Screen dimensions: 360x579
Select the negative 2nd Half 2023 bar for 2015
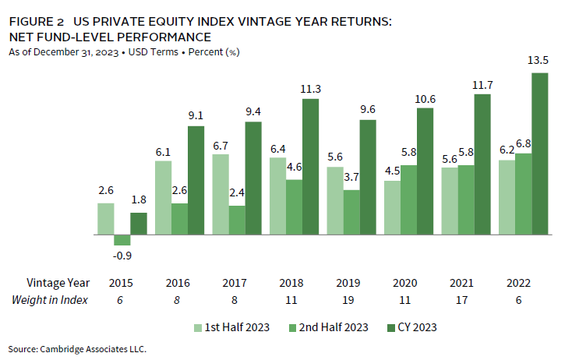tap(122, 240)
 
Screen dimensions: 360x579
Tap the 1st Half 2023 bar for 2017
tap(221, 194)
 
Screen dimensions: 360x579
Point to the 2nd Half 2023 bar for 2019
tap(351, 212)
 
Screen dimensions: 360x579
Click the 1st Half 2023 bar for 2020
tap(392, 207)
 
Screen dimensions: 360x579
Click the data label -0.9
tap(122, 255)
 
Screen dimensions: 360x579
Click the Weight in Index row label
tap(51, 301)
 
